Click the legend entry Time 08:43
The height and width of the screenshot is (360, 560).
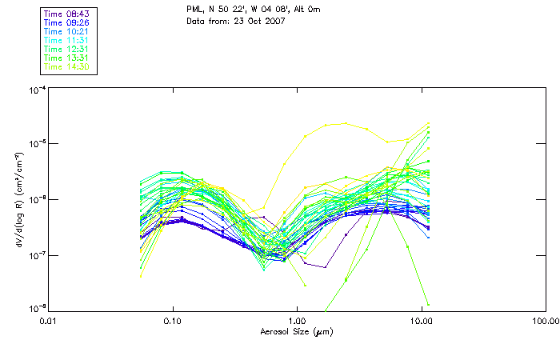tap(66, 14)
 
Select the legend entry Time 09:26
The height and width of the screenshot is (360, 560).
tap(66, 23)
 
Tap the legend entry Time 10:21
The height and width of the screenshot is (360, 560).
tap(66, 32)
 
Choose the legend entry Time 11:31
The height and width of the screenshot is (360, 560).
tap(66, 41)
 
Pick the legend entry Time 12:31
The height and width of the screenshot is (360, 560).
tap(66, 50)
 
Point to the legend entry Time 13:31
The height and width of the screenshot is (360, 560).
tap(66, 58)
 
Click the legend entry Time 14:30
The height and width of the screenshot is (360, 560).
tap(66, 67)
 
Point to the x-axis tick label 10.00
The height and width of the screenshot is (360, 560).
tap(421, 321)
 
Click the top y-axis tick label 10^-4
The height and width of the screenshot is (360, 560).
tap(36, 89)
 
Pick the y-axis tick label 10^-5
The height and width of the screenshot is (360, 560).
tap(36, 144)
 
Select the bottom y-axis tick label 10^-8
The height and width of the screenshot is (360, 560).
tap(36, 309)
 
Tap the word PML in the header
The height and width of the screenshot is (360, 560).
tap(194, 10)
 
